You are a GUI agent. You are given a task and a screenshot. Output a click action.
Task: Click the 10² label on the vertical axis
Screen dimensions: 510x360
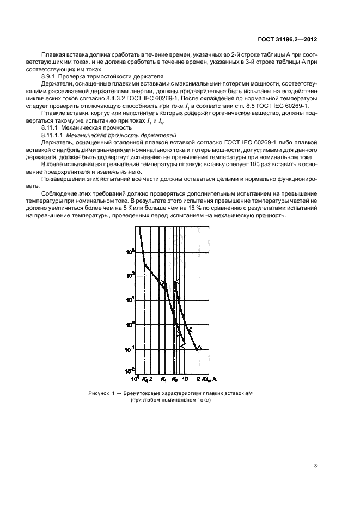[131, 276]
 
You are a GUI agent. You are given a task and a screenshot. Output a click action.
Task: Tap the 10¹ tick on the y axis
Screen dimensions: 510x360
[131, 300]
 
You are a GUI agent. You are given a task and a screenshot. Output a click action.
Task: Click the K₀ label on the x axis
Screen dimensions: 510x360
[145, 378]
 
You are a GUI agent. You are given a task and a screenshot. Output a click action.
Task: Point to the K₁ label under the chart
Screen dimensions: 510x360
[164, 378]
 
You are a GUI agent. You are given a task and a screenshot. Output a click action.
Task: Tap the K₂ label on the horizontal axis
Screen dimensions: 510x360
[175, 378]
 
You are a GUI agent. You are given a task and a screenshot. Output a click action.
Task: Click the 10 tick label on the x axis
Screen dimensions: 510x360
[185, 378]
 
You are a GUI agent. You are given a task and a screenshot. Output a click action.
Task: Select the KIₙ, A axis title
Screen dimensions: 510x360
[209, 378]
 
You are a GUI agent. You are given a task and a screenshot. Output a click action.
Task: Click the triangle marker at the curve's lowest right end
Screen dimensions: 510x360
[199, 347]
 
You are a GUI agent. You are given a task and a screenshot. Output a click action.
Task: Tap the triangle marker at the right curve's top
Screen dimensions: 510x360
[177, 282]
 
